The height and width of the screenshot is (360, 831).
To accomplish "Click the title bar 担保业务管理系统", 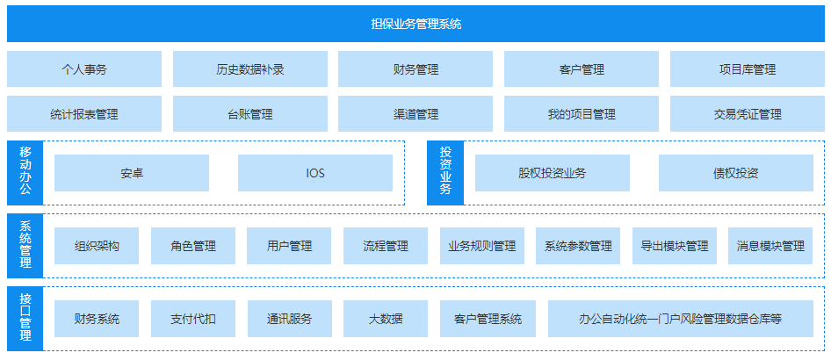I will (x=415, y=24).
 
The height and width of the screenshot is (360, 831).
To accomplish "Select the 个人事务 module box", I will (x=84, y=69).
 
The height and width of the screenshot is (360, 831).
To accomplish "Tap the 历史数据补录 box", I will (x=250, y=69).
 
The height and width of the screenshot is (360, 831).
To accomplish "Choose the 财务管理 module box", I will (x=415, y=69).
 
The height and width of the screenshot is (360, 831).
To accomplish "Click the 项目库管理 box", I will (x=747, y=69).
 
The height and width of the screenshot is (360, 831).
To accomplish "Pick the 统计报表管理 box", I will (x=84, y=114).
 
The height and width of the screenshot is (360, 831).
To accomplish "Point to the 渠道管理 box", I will (x=415, y=114).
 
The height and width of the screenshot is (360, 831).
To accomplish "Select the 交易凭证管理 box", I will (x=747, y=114).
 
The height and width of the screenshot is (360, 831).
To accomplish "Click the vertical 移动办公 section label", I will (x=25, y=172).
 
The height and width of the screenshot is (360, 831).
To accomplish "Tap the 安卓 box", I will (x=132, y=173).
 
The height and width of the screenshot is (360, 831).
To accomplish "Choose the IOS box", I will (x=315, y=173).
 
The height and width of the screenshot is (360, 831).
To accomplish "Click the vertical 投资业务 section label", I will (x=445, y=172).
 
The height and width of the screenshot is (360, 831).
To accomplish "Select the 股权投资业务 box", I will (x=553, y=173).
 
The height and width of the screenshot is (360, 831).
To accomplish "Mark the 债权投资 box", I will (x=736, y=173).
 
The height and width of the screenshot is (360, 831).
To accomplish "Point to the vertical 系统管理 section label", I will (x=25, y=246).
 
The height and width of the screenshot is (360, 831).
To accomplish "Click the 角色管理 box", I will (x=193, y=246).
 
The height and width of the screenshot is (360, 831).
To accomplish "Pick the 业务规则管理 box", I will (x=481, y=246).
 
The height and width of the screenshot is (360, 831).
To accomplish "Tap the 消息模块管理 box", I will (x=770, y=246).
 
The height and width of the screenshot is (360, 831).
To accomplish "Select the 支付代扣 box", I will (x=193, y=319).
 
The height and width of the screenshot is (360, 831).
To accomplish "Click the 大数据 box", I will (x=386, y=319).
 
